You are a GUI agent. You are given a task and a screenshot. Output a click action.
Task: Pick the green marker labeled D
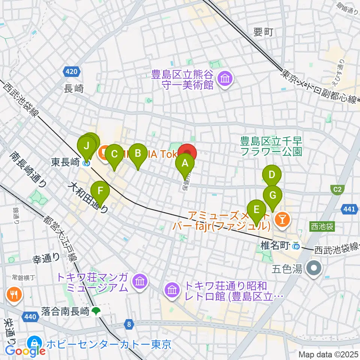271,175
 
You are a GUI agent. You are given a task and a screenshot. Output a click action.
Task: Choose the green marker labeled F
100,191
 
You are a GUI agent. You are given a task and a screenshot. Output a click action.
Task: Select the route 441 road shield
348,209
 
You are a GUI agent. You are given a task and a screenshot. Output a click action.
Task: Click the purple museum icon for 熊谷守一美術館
226,79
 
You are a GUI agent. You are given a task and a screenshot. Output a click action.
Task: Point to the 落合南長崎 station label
66,311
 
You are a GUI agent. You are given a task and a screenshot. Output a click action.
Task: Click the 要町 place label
263,32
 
